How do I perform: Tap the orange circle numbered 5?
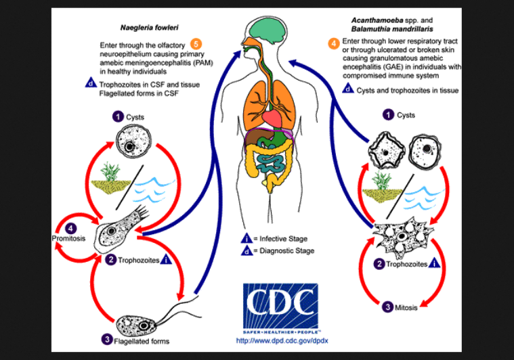(x=215, y=45)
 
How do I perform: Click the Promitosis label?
(x=67, y=239)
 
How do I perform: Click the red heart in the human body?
(x=272, y=119)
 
